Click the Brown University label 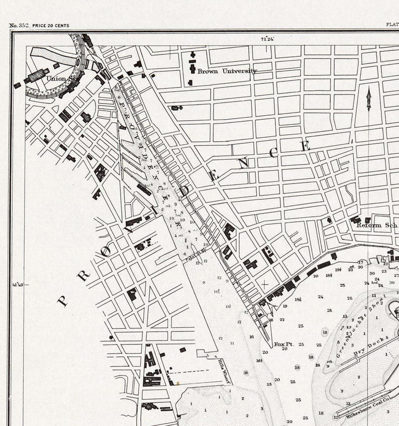pos(227,71)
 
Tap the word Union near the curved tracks pos(56,78)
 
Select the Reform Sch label pos(376,225)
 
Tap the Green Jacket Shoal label pos(357,327)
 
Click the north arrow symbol pos(368,99)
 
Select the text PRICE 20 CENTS pos(51,25)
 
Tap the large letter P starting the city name pos(62,301)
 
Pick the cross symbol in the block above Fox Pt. pos(265,285)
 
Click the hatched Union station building pos(38,75)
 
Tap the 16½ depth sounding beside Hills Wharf pos(259,361)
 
